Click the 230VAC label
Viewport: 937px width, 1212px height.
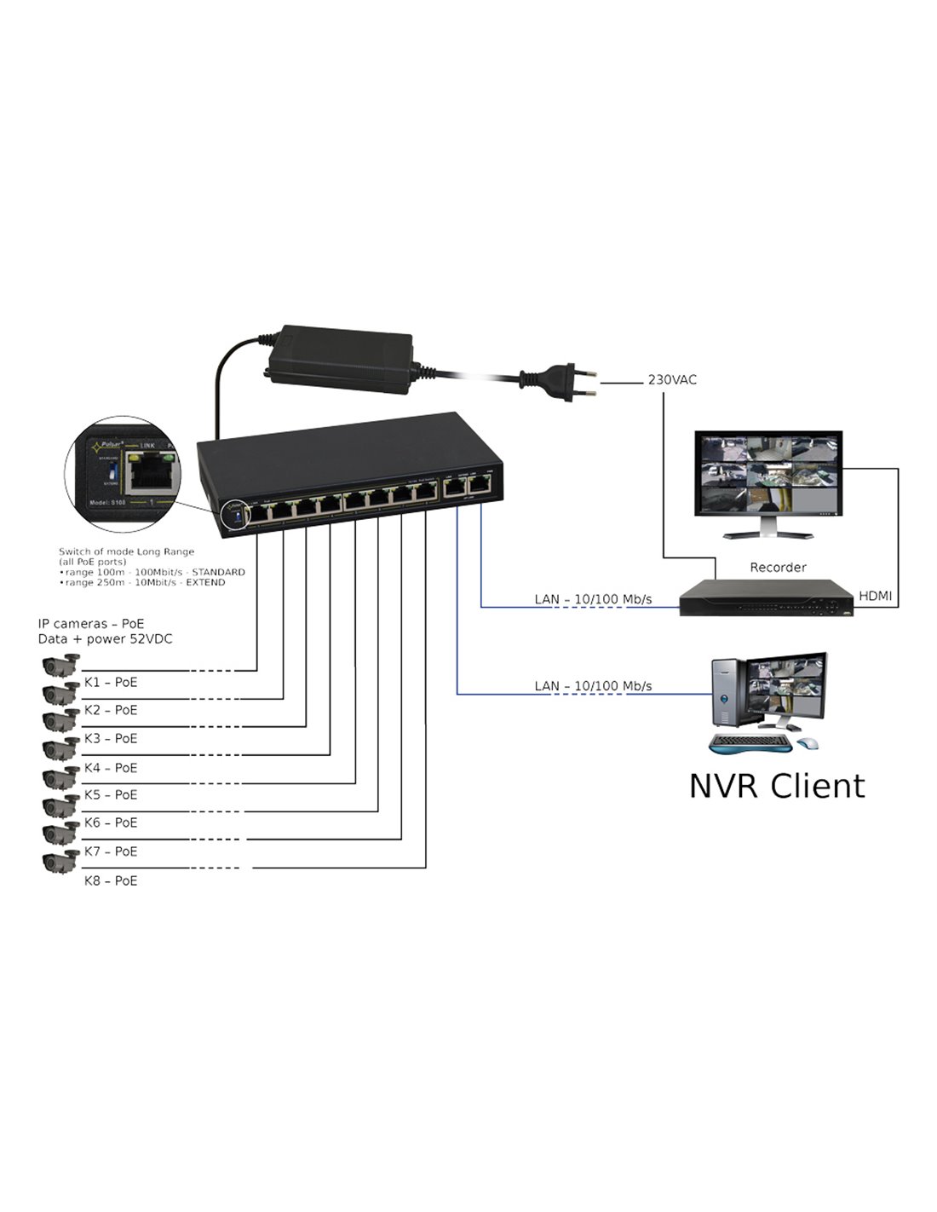[672, 379]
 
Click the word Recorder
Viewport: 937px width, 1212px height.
[778, 567]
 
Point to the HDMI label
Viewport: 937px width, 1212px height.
[875, 596]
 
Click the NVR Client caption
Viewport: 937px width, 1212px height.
[776, 786]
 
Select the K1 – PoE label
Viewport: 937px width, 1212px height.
[111, 682]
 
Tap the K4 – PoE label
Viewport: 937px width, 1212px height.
[111, 768]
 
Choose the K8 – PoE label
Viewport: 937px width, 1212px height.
[111, 880]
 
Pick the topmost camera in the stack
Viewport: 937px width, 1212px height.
[60, 664]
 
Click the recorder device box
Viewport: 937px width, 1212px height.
[765, 598]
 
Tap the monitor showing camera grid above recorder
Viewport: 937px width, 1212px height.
[766, 475]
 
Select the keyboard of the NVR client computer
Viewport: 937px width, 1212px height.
[750, 743]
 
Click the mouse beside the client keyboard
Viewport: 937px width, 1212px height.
[809, 743]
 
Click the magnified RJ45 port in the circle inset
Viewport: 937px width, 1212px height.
[150, 474]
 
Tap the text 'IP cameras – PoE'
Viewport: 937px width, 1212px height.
[91, 624]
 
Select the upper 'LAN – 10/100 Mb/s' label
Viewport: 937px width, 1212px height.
[593, 599]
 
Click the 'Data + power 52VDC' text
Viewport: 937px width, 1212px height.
[105, 638]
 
